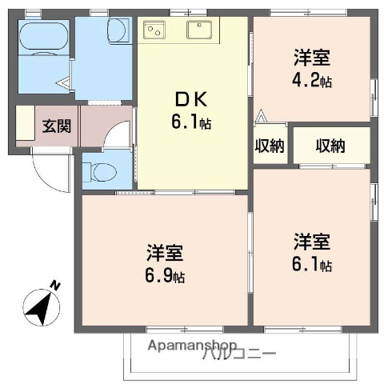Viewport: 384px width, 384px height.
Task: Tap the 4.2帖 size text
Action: tap(311, 81)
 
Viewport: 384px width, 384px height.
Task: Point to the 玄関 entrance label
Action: tap(56, 126)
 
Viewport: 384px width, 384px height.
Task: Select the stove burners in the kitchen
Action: tap(153, 30)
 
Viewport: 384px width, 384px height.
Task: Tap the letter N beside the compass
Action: tap(55, 285)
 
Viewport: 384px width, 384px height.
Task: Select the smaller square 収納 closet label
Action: tap(269, 146)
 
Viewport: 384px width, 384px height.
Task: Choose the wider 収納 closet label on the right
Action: tap(330, 146)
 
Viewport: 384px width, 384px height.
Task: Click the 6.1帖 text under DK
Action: tap(192, 124)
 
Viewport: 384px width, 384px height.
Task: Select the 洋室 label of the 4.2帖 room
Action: tap(312, 58)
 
